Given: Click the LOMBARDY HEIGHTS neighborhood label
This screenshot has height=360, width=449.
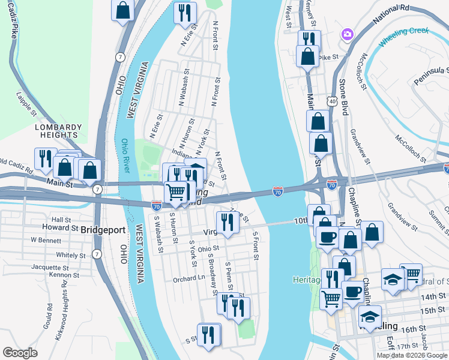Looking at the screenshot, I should coord(58,131).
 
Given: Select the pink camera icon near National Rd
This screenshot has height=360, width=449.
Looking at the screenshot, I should coord(347,34).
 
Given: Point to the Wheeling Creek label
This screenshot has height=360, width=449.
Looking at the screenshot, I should coord(403,37).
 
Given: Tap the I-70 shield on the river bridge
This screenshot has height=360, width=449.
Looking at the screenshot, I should coord(277,191).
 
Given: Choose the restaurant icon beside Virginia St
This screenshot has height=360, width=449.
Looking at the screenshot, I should coord(228,222).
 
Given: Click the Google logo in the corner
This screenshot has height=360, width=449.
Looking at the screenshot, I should coord(20,353).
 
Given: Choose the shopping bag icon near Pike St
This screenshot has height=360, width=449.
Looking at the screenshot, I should coord(307,56).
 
